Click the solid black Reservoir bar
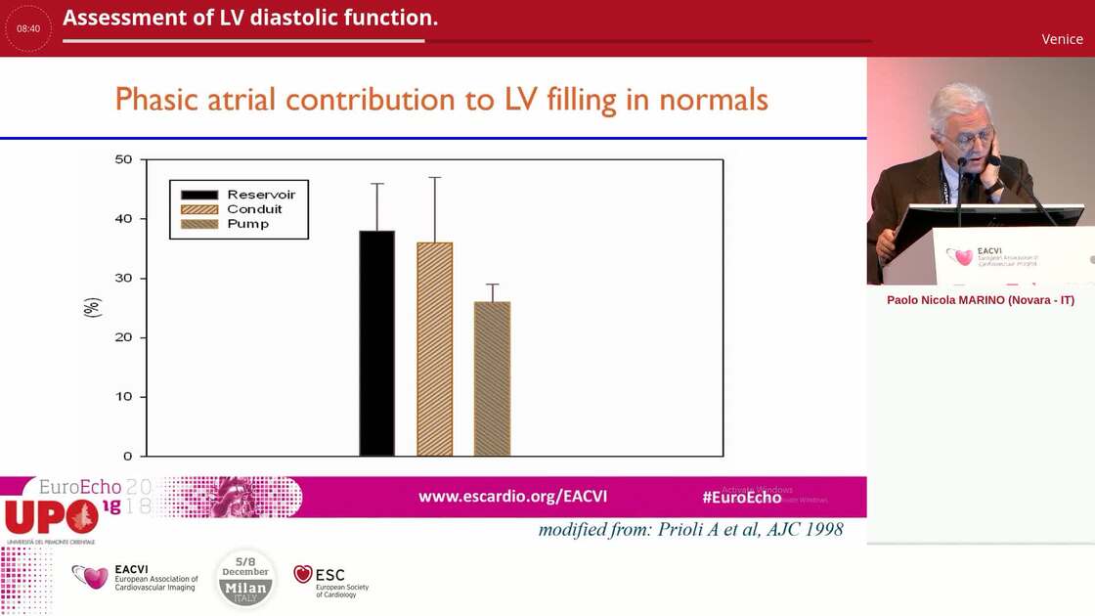(376, 343)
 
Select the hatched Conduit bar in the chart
(434, 349)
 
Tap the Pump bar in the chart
(492, 378)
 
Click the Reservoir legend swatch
(199, 195)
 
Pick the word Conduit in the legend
(254, 209)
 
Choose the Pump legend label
(247, 224)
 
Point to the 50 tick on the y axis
(123, 158)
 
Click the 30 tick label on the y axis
(123, 278)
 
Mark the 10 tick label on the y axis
(123, 397)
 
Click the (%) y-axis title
(92, 307)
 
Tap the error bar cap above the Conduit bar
(434, 178)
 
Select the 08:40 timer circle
(28, 28)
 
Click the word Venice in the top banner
(1062, 39)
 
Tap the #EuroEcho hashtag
(741, 497)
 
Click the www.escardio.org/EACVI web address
(512, 497)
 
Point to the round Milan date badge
(245, 578)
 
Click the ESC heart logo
(303, 574)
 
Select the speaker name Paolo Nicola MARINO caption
(980, 300)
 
